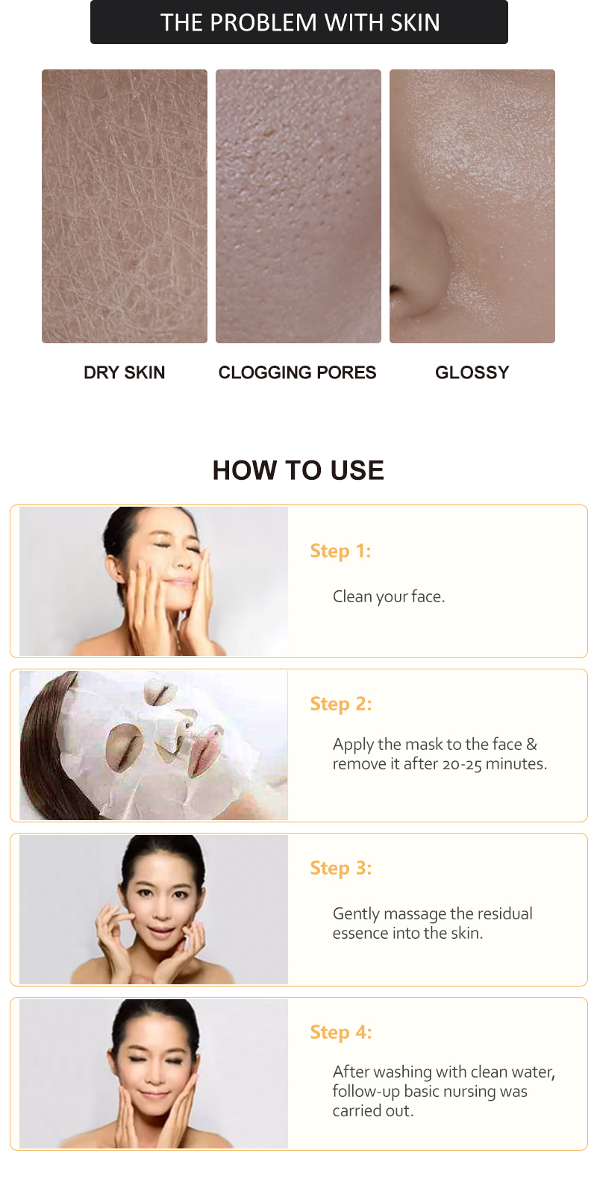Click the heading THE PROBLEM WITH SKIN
(x=299, y=22)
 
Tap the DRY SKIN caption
(x=124, y=372)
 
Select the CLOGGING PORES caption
(x=297, y=372)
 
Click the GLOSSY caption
(x=472, y=372)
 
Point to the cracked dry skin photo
(x=125, y=206)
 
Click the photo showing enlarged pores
(x=298, y=206)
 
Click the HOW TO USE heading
(x=298, y=470)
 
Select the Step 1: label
(x=340, y=551)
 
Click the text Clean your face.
(x=388, y=596)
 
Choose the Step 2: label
(x=340, y=704)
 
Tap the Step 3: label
(x=340, y=868)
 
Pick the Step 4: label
(x=340, y=1032)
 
